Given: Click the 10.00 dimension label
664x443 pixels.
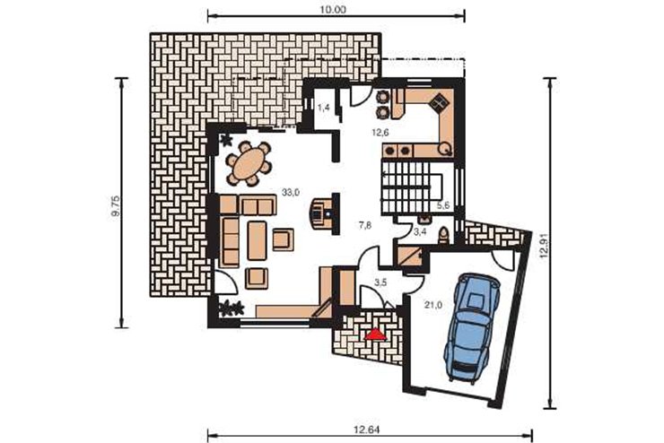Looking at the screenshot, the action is (x=333, y=9).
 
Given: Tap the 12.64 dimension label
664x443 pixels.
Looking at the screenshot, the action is (x=367, y=430).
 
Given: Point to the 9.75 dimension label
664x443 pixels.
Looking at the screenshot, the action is (x=116, y=205).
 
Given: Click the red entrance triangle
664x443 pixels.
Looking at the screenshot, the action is (x=376, y=334).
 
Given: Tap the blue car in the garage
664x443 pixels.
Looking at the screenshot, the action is (x=471, y=328).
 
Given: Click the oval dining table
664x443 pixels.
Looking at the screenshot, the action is (x=249, y=164).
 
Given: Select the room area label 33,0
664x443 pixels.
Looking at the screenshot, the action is (x=291, y=193).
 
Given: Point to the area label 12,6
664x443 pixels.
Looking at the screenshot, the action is (x=380, y=133).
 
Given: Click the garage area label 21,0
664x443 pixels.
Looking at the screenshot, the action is (x=433, y=304).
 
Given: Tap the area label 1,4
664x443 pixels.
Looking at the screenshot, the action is (x=324, y=108).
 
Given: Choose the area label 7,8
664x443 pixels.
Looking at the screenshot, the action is (x=365, y=225).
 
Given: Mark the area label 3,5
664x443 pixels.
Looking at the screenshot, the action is (x=381, y=283).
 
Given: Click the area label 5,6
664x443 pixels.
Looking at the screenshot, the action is (x=443, y=205).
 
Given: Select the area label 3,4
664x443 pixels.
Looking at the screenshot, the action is (x=420, y=231).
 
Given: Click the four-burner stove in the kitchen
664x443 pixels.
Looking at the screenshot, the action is (x=440, y=102).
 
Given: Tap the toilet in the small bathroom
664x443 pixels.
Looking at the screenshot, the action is (x=443, y=235).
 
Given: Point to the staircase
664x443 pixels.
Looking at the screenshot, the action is (x=412, y=187).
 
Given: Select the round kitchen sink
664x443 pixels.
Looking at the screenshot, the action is (x=445, y=148).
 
